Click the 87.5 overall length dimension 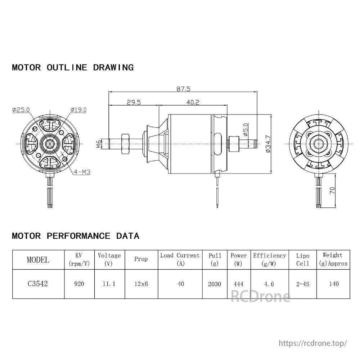(183, 89)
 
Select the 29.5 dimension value (133, 102)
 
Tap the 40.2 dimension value (193, 102)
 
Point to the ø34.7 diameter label (268, 144)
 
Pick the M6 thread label (99, 144)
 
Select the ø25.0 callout (21, 110)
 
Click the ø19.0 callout (78, 110)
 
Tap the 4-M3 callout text (81, 172)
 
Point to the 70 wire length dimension (332, 190)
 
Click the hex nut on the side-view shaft (126, 144)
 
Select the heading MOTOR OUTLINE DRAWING (73, 67)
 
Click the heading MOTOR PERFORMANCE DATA (76, 236)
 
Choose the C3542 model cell (38, 284)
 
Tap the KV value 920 (79, 284)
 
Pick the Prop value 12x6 (141, 284)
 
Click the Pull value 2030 (215, 284)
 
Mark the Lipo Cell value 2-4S (302, 284)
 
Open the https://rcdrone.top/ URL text (313, 343)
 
